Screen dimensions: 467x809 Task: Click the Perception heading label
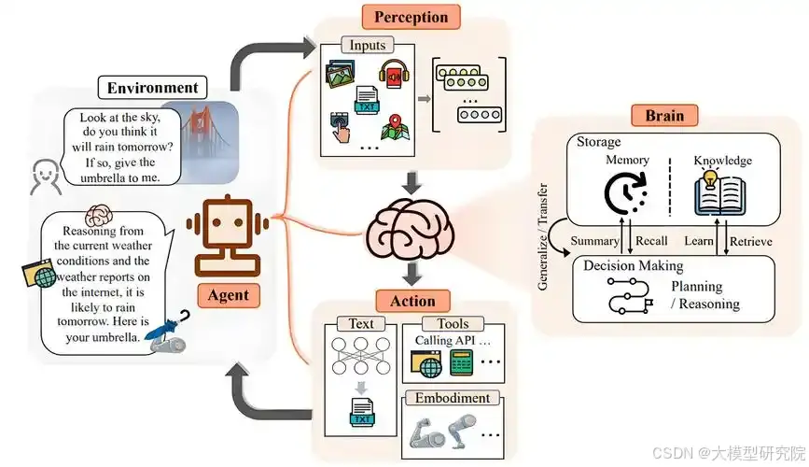click(411, 17)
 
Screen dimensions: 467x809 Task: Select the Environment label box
click(153, 89)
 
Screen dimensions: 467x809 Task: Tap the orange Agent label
click(228, 295)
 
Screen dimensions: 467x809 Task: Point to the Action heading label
click(412, 301)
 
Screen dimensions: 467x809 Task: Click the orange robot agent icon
click(228, 233)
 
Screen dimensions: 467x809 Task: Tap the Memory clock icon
click(623, 192)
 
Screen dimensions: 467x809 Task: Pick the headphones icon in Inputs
click(392, 75)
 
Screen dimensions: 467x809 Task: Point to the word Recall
click(650, 242)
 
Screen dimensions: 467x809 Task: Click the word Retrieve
click(751, 242)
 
